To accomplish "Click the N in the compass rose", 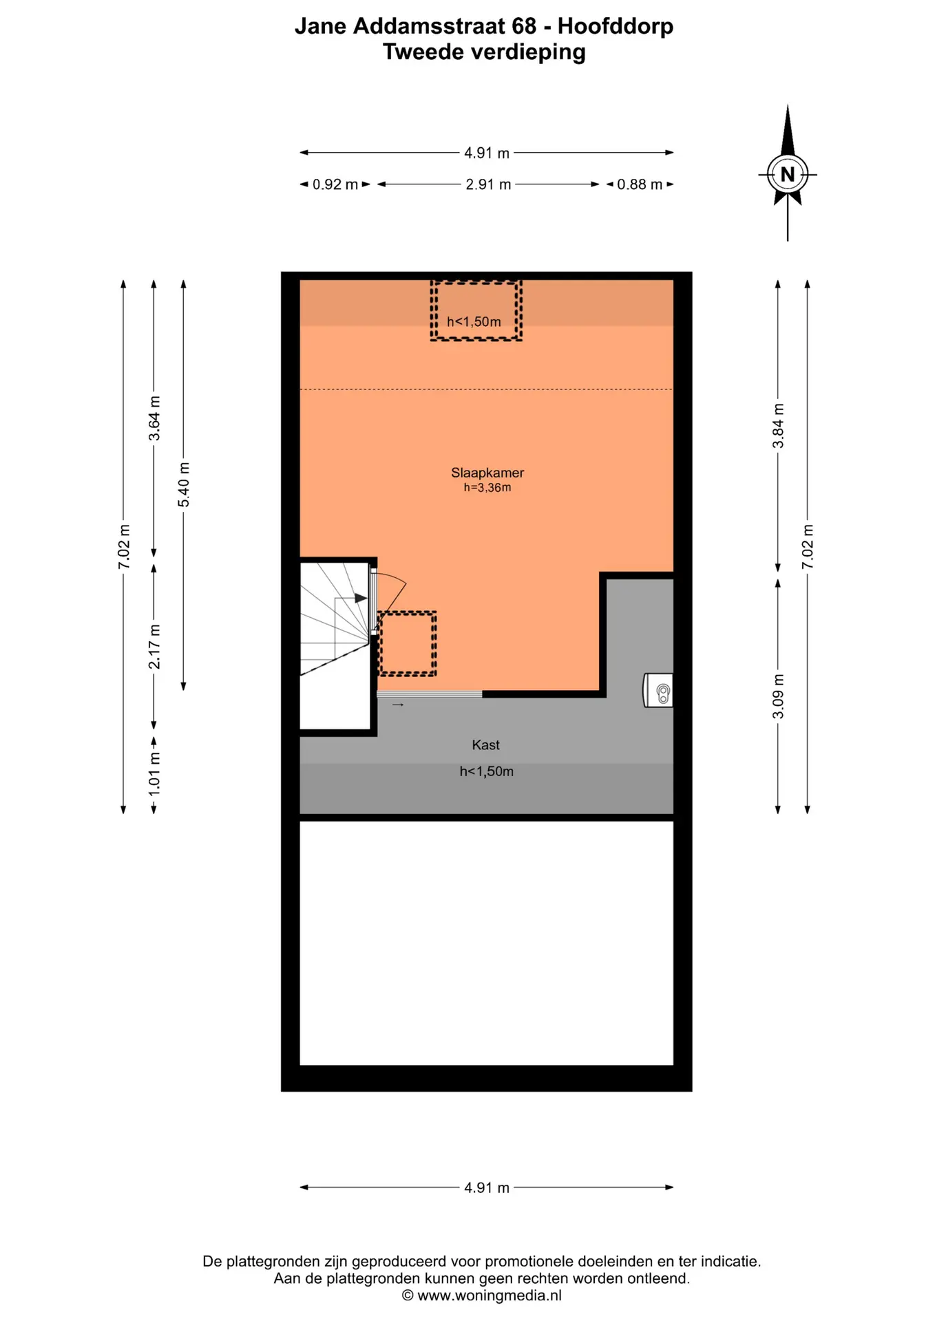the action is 788,175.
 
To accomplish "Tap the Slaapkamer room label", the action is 487,473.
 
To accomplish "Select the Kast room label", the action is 485,744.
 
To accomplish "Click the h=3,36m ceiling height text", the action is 487,488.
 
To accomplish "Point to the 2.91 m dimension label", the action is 488,184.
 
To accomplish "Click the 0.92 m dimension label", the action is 335,184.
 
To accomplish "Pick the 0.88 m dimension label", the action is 640,184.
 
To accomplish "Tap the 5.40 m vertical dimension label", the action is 184,484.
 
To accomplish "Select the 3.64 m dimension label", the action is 154,418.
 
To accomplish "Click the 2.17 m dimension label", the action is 154,647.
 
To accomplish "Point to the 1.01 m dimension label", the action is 154,774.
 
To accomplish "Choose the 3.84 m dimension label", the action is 778,426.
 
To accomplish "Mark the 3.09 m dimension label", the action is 778,696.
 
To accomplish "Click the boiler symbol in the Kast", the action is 658,690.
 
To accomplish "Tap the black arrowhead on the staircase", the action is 361,599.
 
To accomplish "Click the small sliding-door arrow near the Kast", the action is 398,705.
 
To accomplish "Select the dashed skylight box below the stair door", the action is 408,643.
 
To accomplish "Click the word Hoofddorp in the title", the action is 616,26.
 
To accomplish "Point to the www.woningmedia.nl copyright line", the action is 482,1296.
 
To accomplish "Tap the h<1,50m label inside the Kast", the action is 487,771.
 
